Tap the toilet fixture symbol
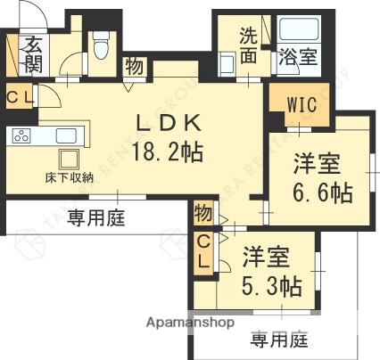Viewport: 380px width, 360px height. (x=101, y=42)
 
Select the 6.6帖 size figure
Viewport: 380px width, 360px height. (x=322, y=192)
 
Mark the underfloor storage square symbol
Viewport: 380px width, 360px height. (x=68, y=160)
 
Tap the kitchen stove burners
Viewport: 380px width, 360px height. (x=21, y=136)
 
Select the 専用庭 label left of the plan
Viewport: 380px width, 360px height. (x=94, y=216)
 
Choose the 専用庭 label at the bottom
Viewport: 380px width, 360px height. (x=279, y=339)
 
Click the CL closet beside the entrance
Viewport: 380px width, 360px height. (x=17, y=96)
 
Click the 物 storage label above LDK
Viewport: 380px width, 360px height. (x=133, y=66)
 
